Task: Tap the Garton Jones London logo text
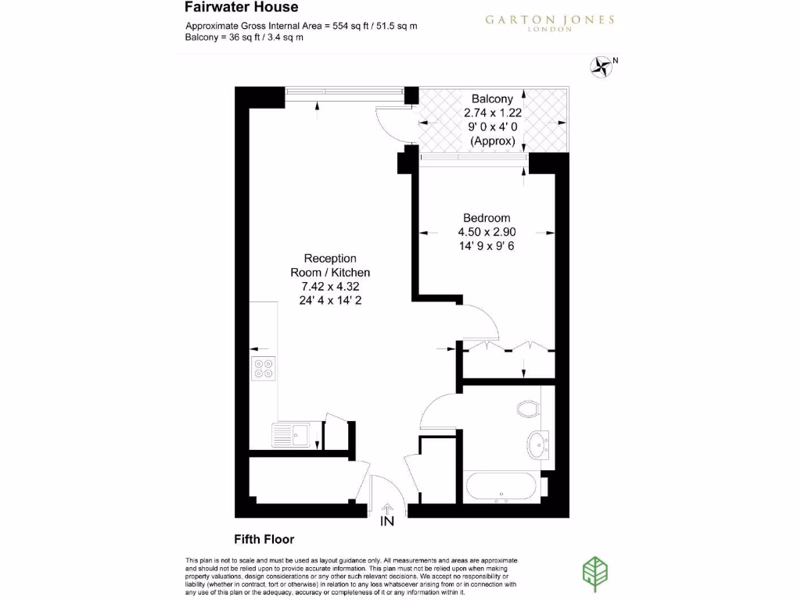(x=550, y=23)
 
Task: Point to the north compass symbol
(x=602, y=66)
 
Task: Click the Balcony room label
(x=492, y=98)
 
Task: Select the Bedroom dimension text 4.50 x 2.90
(x=487, y=232)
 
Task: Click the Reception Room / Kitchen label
(x=330, y=266)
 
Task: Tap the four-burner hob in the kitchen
(x=263, y=368)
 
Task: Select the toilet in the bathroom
(x=529, y=409)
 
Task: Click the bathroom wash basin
(x=537, y=444)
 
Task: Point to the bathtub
(x=501, y=487)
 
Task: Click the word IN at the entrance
(x=386, y=521)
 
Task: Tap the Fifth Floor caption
(x=264, y=539)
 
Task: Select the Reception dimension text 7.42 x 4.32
(x=330, y=286)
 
